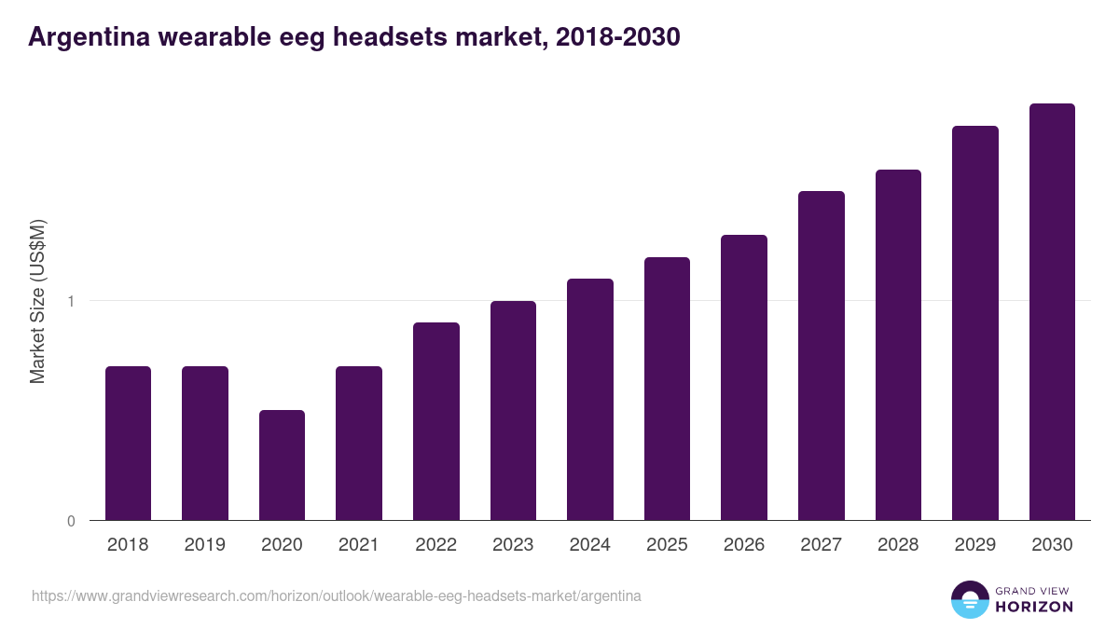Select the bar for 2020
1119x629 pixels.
click(x=282, y=465)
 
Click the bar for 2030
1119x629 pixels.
click(x=1052, y=312)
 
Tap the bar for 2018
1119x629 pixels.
click(x=128, y=444)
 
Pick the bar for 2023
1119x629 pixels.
click(x=513, y=411)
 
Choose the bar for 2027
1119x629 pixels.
click(x=821, y=356)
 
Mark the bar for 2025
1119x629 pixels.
click(x=667, y=389)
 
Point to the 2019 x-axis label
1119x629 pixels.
click(x=204, y=545)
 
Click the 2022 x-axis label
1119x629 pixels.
click(x=435, y=545)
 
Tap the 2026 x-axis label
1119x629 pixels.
click(x=743, y=545)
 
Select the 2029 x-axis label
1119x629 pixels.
click(x=974, y=545)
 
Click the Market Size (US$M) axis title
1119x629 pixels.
click(x=37, y=301)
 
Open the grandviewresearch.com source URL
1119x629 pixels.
click(x=336, y=595)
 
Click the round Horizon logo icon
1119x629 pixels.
click(x=969, y=599)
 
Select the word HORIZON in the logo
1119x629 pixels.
click(x=1033, y=607)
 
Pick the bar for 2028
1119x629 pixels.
click(x=898, y=345)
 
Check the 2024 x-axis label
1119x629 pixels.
click(x=589, y=545)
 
